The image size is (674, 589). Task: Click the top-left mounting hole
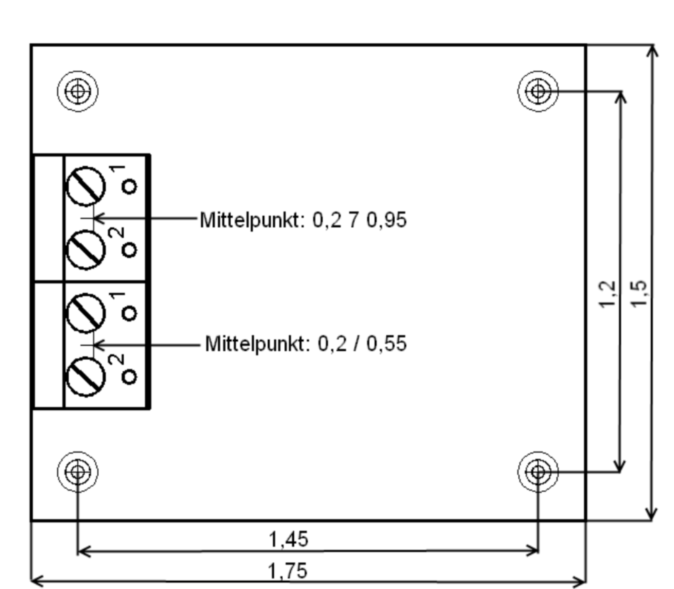coord(78,91)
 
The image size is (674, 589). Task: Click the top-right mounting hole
coord(537,91)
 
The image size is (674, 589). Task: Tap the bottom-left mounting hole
coord(78,471)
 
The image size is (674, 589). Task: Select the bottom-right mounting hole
coord(537,471)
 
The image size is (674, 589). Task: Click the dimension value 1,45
coord(289,540)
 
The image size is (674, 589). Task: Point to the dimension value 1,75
coord(289,571)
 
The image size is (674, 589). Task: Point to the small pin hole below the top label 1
coord(130,187)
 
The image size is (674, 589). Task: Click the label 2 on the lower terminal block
coord(119,359)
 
